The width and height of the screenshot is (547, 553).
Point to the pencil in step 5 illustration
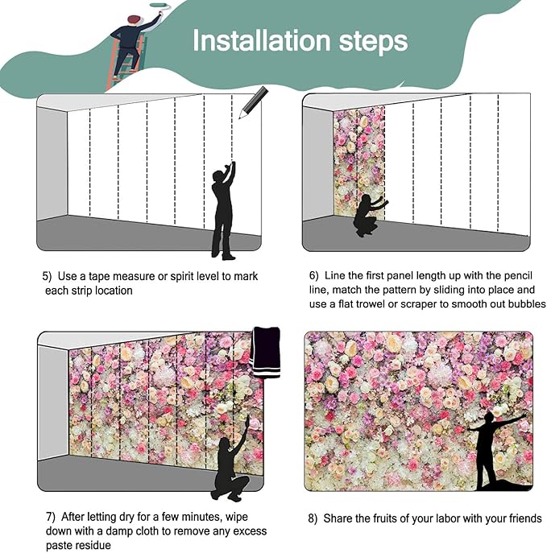tap(252, 102)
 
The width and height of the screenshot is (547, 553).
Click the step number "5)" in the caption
tap(48, 276)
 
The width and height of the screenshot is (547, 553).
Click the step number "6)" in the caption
tap(313, 275)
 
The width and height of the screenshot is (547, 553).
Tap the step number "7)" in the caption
tap(49, 517)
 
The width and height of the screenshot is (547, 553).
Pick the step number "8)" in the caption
tap(313, 518)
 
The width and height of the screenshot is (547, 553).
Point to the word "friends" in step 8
tap(524, 518)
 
